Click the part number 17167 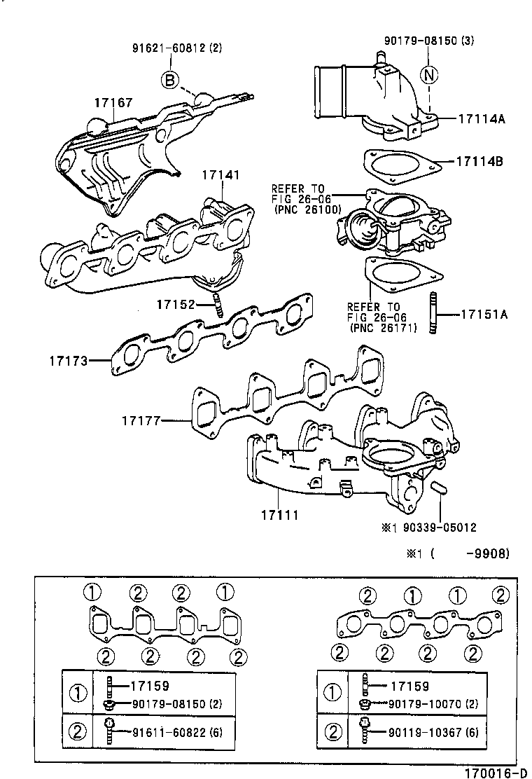113,103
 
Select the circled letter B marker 170,81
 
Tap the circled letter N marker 428,73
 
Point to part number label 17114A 482,118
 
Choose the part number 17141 221,173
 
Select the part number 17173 68,361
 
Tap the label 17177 140,421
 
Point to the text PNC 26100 307,209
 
